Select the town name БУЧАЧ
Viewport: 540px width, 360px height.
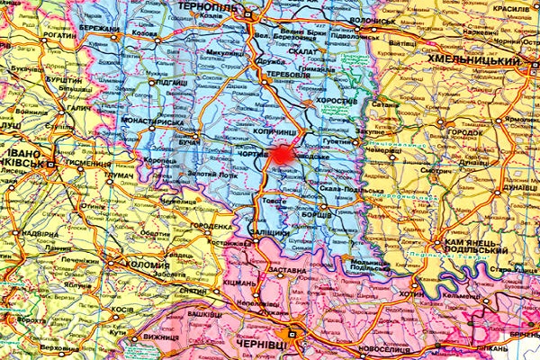tap(190, 144)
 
